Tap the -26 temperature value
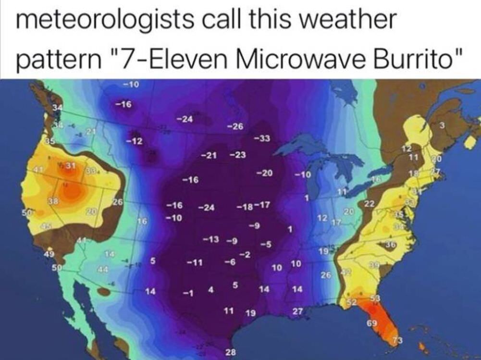(x=235, y=126)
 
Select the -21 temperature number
(x=208, y=155)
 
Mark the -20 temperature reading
(x=264, y=173)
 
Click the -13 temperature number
(x=210, y=239)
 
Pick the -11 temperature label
(x=194, y=263)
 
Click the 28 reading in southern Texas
(x=230, y=352)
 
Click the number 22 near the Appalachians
(x=369, y=204)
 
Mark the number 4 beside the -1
(x=210, y=290)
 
